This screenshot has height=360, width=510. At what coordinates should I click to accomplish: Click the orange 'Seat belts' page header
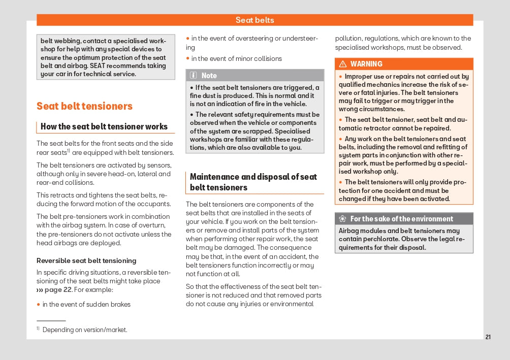[x=254, y=20]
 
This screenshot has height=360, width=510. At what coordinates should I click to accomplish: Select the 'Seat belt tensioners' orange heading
[x=84, y=106]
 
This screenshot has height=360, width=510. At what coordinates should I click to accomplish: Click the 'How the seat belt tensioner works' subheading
[x=104, y=126]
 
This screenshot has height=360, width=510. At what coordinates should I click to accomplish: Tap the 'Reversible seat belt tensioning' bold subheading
[x=86, y=260]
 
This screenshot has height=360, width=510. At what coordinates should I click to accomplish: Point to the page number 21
[x=488, y=337]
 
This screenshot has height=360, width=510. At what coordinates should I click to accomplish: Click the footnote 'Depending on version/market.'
[x=85, y=330]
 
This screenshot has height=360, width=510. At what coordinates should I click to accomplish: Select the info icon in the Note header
[x=194, y=76]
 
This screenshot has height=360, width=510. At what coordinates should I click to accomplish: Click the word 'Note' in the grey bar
[x=209, y=76]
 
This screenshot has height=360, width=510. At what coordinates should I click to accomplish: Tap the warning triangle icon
[x=343, y=64]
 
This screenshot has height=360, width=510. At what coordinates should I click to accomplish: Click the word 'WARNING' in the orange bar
[x=366, y=64]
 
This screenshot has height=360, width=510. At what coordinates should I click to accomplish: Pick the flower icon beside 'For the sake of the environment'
[x=342, y=219]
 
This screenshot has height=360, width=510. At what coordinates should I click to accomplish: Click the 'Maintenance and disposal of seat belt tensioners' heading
[x=253, y=182]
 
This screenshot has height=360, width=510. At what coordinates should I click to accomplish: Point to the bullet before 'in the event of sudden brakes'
[x=38, y=304]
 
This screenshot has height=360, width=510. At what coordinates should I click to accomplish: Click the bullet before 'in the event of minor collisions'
[x=187, y=58]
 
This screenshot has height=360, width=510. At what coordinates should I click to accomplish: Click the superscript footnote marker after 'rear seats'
[x=68, y=151]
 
